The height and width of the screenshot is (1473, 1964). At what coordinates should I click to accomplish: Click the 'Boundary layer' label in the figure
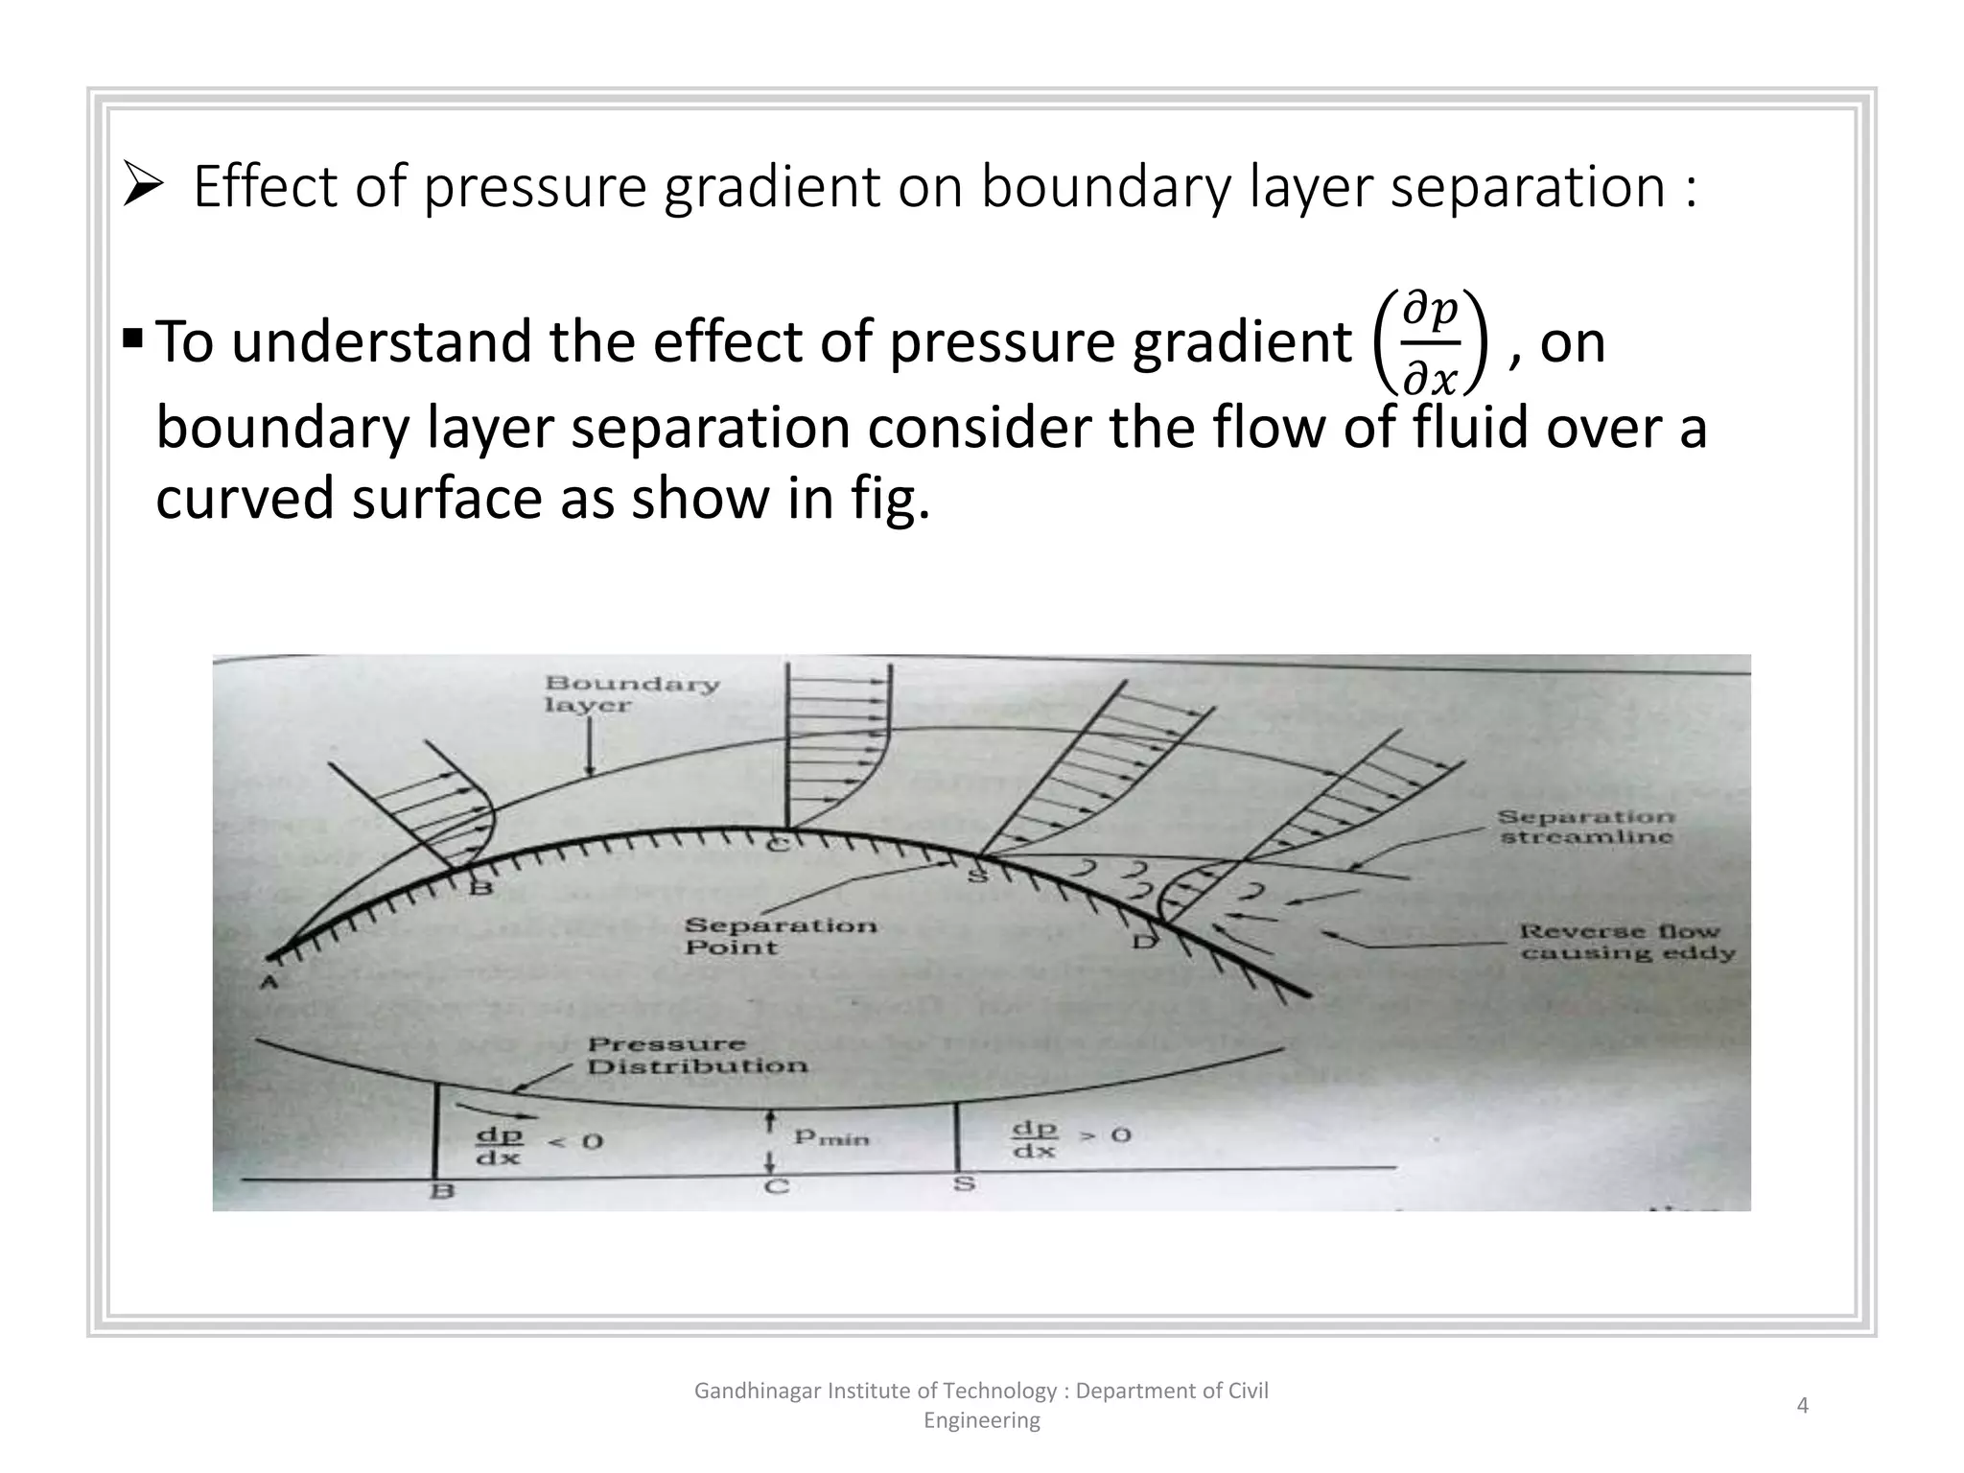631,694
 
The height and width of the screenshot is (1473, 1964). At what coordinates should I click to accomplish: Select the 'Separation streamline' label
1586,827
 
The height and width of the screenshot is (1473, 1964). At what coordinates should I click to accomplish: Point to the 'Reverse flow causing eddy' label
1626,942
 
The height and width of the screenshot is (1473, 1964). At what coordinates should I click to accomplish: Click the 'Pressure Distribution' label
696,1055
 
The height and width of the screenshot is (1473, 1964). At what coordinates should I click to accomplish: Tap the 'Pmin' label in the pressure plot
830,1137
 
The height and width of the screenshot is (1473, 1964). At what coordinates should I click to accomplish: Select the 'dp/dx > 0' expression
1071,1138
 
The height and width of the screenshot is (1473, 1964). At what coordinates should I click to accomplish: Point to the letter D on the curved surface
1144,942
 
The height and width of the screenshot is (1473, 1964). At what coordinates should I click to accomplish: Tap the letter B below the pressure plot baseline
442,1192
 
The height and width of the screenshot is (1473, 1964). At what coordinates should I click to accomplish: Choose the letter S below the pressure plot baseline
964,1184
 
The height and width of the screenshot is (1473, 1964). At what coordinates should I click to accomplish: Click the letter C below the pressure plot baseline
776,1187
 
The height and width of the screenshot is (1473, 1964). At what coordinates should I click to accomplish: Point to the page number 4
1802,1406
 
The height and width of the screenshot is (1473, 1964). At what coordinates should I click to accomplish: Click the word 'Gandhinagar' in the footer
756,1391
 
